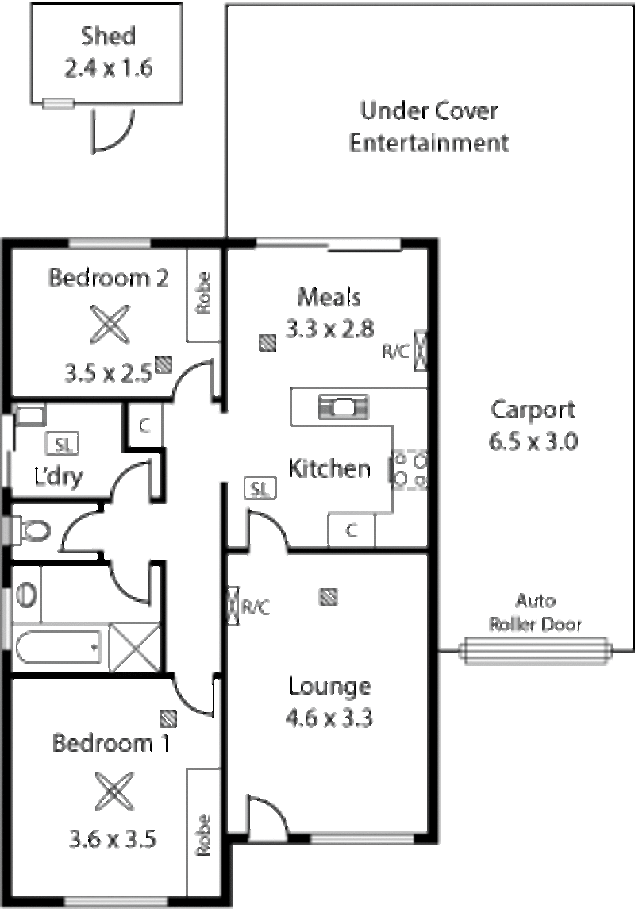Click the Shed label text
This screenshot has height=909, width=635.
coord(108,36)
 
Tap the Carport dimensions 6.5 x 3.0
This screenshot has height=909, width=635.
coord(533,441)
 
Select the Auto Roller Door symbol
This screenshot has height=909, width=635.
coord(535,651)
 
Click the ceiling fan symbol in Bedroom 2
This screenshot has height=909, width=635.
coord(110,324)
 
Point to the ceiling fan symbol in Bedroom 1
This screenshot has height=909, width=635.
coord(114,792)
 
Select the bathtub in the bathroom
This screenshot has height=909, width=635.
coord(59,648)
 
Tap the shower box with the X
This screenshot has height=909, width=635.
coord(134,648)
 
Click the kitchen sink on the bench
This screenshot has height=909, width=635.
coord(344,407)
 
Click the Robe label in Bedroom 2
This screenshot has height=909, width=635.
coord(203,293)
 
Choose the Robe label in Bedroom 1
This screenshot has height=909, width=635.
coord(202,835)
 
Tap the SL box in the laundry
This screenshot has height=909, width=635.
coord(62,445)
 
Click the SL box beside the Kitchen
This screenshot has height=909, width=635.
coord(260,489)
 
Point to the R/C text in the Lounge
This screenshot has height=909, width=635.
coord(256,607)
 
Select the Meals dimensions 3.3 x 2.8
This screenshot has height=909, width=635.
coord(329,329)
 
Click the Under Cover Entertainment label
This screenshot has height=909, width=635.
coord(429,127)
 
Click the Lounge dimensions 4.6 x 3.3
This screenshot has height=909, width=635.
coord(329,718)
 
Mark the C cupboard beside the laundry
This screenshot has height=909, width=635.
coord(144,426)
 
